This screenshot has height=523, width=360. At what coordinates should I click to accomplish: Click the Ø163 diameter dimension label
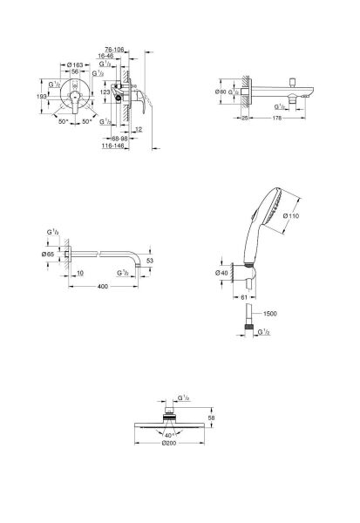pyautogui.click(x=76, y=65)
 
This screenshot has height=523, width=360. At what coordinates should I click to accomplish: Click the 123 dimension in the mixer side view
pyautogui.click(x=106, y=91)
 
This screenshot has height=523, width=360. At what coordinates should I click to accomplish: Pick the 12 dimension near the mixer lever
pyautogui.click(x=139, y=130)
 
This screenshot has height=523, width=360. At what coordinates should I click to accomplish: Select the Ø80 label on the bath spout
pyautogui.click(x=222, y=92)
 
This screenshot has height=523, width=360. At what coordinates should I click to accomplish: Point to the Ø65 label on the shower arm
pyautogui.click(x=51, y=254)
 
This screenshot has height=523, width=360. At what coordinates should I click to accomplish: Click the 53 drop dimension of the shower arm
pyautogui.click(x=150, y=260)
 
